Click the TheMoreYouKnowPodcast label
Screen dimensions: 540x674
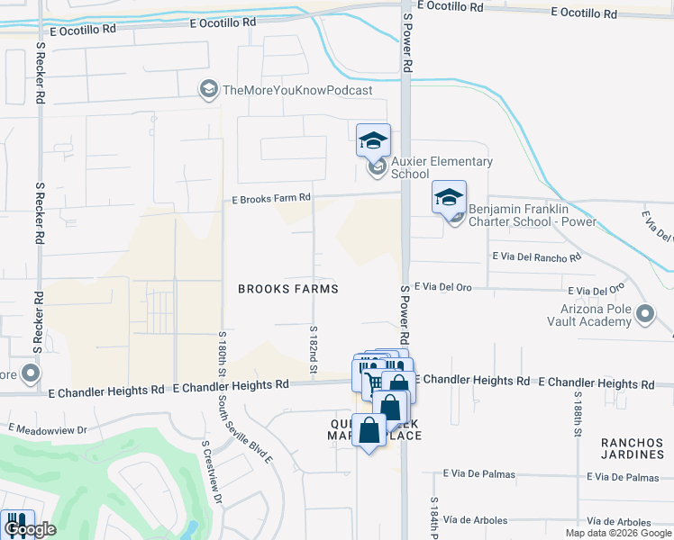(296, 90)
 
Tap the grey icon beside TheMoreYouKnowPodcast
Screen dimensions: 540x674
(209, 89)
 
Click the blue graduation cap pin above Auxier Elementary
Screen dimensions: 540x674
(373, 140)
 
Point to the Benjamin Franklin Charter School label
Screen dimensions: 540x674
(532, 215)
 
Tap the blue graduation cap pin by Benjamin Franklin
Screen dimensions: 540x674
(449, 197)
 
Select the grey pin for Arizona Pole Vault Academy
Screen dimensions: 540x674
(645, 314)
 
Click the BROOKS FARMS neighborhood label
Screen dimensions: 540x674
(287, 289)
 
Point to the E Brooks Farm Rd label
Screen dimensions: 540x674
(270, 198)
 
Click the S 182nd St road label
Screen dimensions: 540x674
(314, 349)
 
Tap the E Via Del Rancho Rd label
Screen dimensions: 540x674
(536, 257)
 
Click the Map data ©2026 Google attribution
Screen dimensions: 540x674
(617, 533)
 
